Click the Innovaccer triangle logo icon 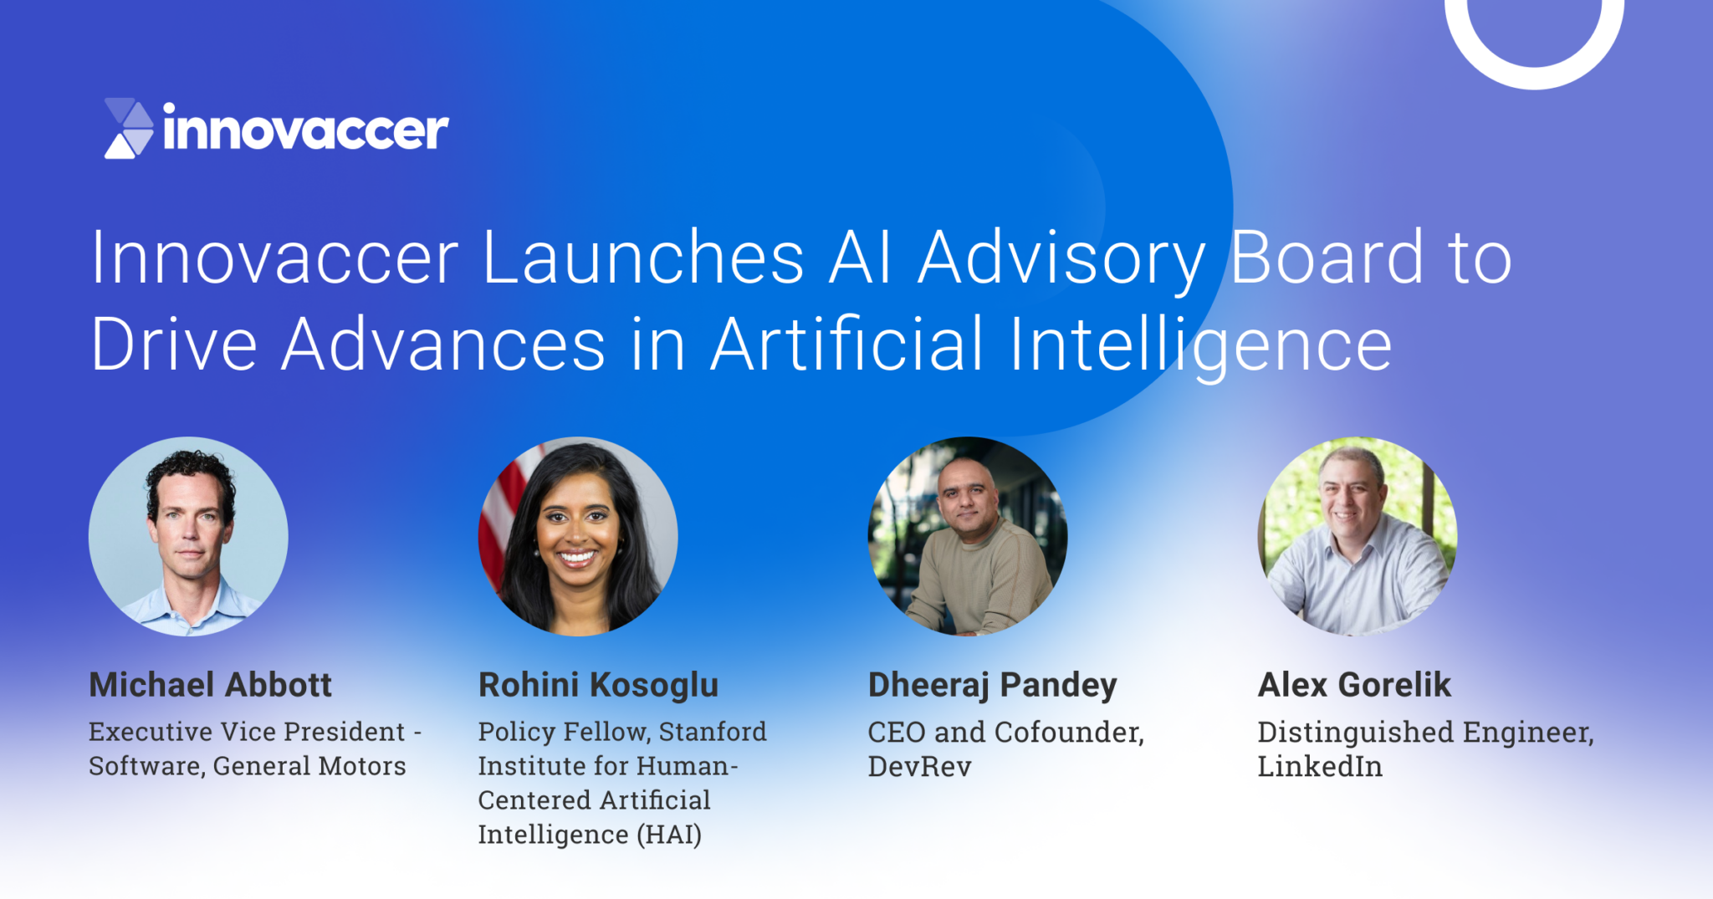tap(129, 129)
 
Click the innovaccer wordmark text tap(305, 130)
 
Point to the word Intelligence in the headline tap(1200, 345)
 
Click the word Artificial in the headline tap(846, 345)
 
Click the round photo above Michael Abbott tap(188, 536)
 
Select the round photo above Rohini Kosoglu tap(578, 536)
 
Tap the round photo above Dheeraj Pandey tap(968, 536)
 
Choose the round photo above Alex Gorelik tap(1358, 536)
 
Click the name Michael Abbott tap(210, 685)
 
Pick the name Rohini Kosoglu tap(598, 685)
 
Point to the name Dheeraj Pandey tap(992, 685)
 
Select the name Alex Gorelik tap(1354, 685)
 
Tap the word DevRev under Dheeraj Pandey tap(919, 766)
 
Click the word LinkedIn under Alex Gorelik tap(1320, 766)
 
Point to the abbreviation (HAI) tap(669, 835)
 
